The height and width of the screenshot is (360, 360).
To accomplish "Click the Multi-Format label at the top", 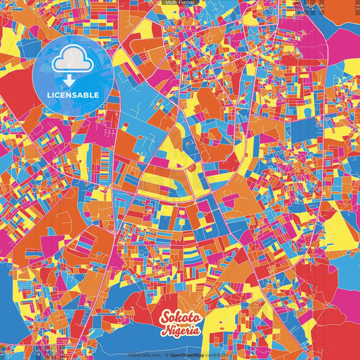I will (180, 3).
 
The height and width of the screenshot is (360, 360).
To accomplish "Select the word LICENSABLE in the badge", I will (72, 95).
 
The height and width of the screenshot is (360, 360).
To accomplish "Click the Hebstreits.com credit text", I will (145, 355).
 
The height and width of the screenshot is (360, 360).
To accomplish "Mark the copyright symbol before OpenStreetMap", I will (166, 355).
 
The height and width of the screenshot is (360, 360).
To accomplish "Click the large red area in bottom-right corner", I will (338, 324).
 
